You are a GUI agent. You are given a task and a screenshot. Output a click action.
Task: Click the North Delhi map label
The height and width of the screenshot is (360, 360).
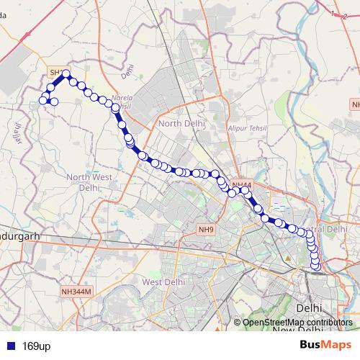tap(181, 124)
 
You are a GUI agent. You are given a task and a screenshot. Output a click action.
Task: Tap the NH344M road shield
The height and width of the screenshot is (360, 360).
tap(76, 292)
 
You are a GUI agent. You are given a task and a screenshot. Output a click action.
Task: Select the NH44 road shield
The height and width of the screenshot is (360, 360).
tap(241, 185)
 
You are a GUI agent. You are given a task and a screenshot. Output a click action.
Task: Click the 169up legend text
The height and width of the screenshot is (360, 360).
tap(35, 346)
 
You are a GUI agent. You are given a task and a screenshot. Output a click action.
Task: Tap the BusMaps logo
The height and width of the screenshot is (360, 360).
tap(325, 344)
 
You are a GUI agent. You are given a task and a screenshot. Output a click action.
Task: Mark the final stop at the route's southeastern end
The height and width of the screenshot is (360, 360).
tap(315, 268)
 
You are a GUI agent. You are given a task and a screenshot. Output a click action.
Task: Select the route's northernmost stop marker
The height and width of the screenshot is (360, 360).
tap(66, 73)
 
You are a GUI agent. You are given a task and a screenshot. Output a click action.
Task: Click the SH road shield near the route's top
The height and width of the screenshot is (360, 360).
tap(55, 73)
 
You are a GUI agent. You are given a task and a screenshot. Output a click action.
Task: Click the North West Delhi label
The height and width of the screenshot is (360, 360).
tap(88, 182)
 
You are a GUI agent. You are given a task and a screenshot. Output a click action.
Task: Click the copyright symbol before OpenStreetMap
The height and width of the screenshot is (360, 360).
tap(238, 323)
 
